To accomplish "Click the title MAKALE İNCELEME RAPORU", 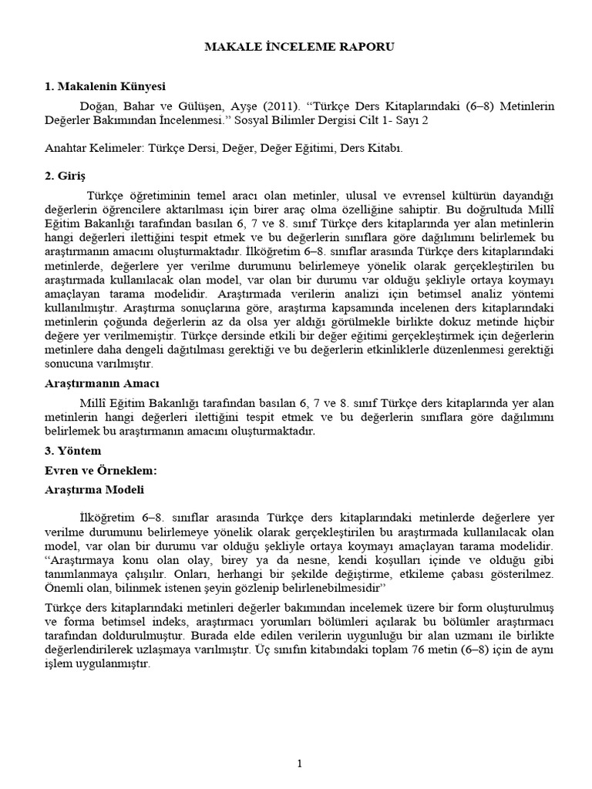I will pos(299,47).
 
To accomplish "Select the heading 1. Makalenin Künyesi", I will pos(105,86).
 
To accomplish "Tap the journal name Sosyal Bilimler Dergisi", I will pos(315,120).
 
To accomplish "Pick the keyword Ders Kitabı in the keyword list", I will pos(373,149).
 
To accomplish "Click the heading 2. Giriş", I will pos(66,176).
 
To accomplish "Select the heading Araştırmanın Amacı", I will pos(101,383).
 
